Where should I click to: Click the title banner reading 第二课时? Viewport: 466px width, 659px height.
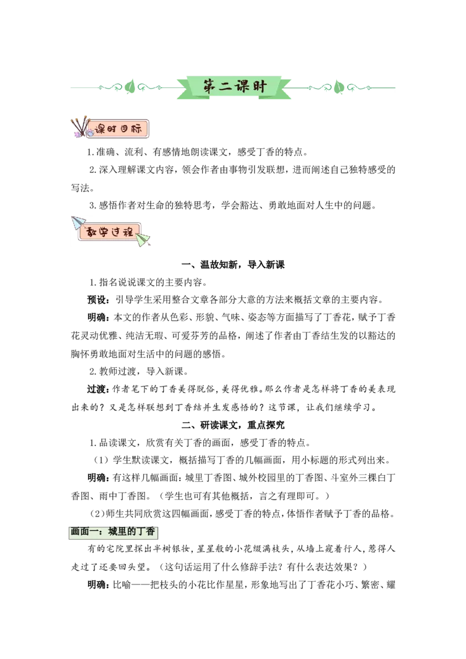(234, 87)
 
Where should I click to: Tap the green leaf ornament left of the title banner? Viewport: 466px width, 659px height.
(130, 87)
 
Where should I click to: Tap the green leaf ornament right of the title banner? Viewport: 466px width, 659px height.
(338, 87)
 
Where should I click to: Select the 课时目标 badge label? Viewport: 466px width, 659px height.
(118, 129)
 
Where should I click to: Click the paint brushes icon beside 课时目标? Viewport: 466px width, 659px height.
(80, 127)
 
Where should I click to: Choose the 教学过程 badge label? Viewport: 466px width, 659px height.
(110, 232)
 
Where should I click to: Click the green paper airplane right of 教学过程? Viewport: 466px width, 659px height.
(143, 239)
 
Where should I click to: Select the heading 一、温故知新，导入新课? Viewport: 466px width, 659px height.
(233, 264)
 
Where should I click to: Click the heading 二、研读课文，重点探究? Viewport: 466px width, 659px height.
(233, 425)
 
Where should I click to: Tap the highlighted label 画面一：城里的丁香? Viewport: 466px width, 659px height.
(113, 532)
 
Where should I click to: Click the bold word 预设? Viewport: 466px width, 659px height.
(96, 300)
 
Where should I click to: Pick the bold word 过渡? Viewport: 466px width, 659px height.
(96, 389)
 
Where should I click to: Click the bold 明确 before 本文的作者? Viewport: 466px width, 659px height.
(96, 317)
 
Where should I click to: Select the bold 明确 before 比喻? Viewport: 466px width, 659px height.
(96, 584)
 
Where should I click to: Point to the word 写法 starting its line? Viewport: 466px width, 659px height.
(80, 187)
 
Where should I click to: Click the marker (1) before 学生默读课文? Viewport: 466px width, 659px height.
(101, 460)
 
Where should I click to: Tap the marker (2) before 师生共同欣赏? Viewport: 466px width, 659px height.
(97, 514)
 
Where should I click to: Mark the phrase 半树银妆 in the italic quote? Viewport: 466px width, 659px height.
(172, 549)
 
